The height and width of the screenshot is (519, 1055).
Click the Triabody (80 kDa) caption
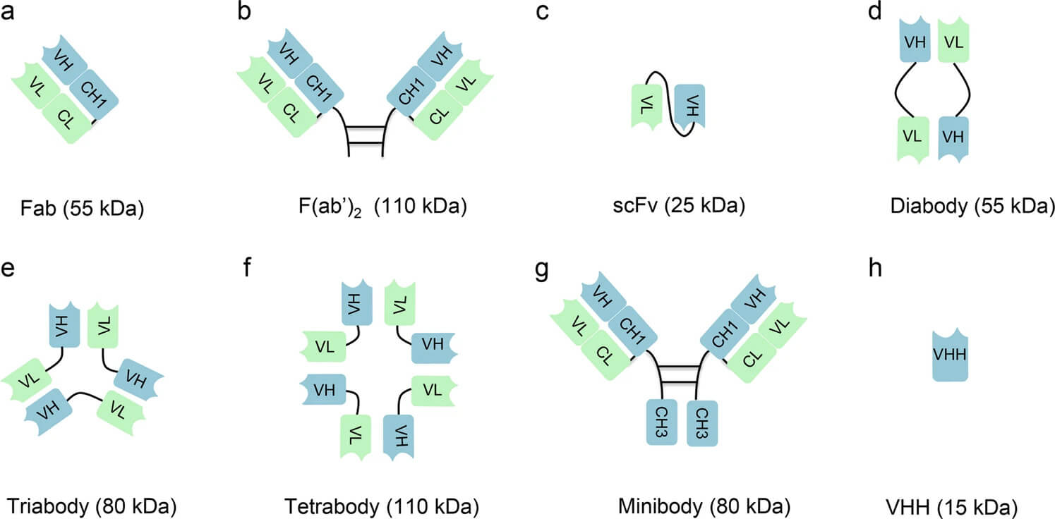tap(91, 506)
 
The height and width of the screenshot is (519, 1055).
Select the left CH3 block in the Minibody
tap(662, 422)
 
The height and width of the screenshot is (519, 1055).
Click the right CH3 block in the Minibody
tap(701, 422)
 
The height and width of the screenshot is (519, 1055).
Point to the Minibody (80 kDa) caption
tap(703, 506)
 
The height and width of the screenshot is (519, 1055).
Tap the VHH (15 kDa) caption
tap(951, 506)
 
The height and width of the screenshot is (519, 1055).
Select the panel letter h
tap(876, 271)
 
